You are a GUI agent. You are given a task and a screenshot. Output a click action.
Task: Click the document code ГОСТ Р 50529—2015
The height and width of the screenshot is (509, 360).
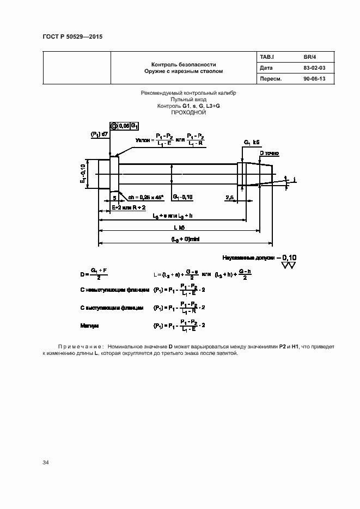[72, 36]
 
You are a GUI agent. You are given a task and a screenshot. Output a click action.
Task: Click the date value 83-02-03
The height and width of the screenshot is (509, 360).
[314, 68]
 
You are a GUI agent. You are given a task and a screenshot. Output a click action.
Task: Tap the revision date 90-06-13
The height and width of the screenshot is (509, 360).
[314, 79]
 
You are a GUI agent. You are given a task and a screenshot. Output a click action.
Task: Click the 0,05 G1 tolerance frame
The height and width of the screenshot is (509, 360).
[125, 126]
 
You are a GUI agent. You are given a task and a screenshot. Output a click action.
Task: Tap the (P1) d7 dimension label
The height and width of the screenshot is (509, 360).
[99, 133]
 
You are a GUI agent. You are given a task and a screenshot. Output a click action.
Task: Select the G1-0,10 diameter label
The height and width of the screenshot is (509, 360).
[184, 197]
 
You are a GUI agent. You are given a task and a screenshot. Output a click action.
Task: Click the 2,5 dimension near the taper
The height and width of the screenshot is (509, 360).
[230, 197]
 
